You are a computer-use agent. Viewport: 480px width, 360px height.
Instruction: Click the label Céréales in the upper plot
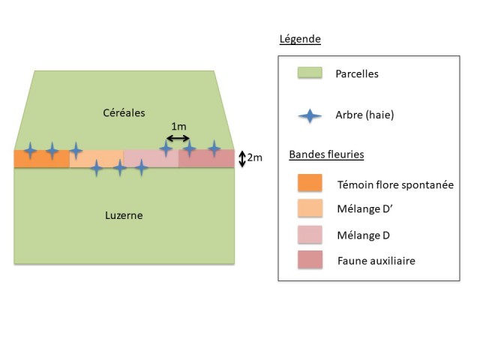(124, 112)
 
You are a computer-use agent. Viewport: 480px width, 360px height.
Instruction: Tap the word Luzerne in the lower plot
(124, 215)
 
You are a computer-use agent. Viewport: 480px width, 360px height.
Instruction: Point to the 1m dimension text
(178, 125)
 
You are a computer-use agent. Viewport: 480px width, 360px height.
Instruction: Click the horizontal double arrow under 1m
(178, 138)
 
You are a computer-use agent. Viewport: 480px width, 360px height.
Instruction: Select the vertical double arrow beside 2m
(241, 158)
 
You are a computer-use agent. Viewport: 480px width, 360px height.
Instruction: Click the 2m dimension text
(255, 158)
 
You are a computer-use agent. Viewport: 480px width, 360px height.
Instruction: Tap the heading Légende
(299, 39)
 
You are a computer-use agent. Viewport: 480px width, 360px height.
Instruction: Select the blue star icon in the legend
(310, 115)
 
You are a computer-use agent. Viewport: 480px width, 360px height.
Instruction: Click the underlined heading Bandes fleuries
(326, 155)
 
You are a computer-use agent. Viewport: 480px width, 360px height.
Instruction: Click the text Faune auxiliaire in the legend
(376, 260)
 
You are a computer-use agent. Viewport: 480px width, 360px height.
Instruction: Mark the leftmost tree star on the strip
(29, 151)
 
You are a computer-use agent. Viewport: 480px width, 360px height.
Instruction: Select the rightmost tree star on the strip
(214, 150)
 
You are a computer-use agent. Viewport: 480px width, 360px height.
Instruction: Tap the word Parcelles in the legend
(357, 74)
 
